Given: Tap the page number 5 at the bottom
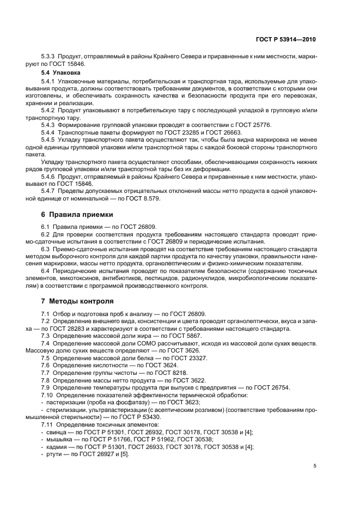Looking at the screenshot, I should coord(315,466).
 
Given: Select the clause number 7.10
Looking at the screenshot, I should coord(48,394).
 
